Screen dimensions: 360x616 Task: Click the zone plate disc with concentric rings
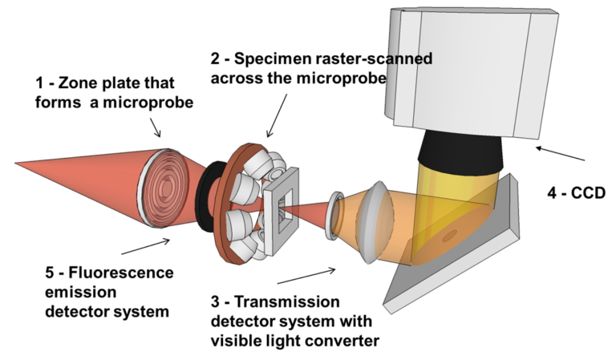click(x=166, y=186)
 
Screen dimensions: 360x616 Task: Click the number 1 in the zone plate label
click(x=40, y=83)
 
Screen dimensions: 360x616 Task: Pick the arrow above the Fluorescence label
click(x=145, y=245)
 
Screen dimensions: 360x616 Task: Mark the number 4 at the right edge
click(x=553, y=193)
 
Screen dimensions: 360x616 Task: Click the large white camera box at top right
click(x=472, y=72)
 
